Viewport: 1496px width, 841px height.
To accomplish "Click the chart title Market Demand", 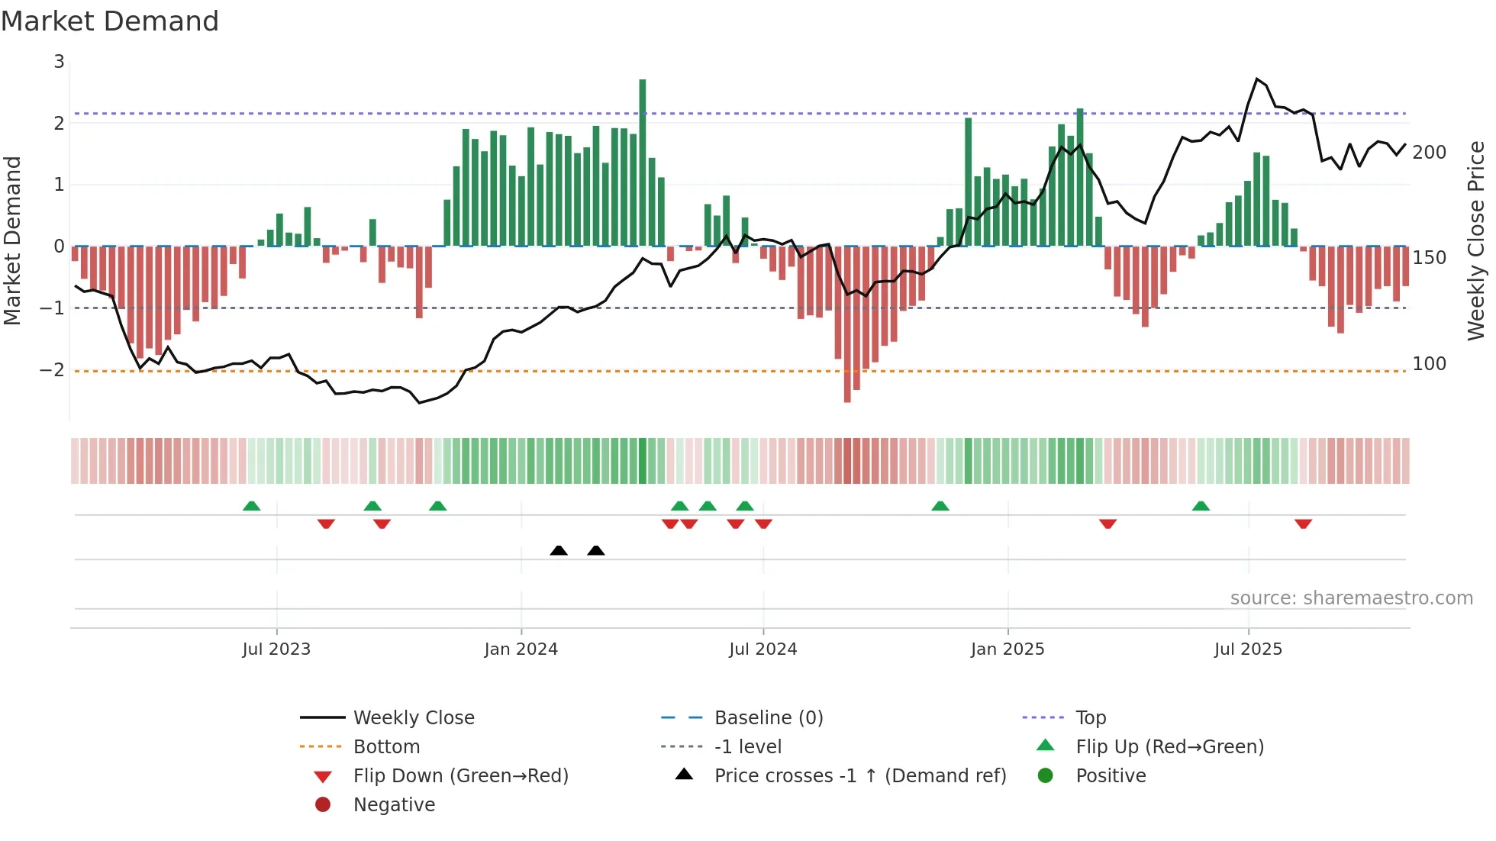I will coord(110,21).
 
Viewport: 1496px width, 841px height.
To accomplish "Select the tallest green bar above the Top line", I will coord(643,153).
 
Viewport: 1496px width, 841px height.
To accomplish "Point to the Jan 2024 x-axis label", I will coord(521,649).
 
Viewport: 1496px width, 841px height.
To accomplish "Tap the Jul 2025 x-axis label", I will coord(1248,649).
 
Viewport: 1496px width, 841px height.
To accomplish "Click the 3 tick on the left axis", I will coord(59,62).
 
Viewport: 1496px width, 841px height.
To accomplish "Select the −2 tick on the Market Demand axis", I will coord(53,370).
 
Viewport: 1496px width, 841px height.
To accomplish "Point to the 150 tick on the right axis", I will coord(1429,258).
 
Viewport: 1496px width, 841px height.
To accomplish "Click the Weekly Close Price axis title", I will coord(1476,240).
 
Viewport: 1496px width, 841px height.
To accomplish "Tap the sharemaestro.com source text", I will coord(1351,598).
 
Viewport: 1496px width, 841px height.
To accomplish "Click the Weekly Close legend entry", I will coord(413,718).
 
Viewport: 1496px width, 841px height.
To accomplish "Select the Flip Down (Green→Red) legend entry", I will coord(460,776).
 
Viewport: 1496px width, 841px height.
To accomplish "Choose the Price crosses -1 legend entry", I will coord(859,776).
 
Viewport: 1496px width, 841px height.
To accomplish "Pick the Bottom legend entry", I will coord(386,747).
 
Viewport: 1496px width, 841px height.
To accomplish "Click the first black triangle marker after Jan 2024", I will coord(559,550).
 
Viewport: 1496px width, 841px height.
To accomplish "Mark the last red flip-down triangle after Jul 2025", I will coord(1303,524).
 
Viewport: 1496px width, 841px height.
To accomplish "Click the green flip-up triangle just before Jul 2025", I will coord(1201,506).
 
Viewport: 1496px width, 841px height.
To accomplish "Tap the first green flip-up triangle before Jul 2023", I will coord(251,506).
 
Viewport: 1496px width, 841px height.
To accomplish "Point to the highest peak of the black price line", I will coord(1256,79).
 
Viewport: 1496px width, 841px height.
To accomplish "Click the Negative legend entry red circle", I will coord(323,805).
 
